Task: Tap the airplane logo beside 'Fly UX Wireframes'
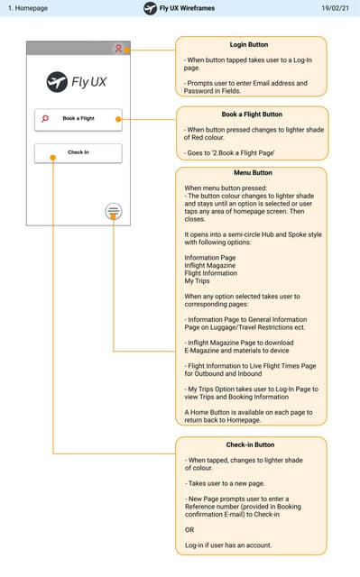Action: pos(150,8)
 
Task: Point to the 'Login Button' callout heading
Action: pos(249,44)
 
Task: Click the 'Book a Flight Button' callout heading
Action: pos(249,114)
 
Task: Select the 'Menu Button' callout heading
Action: pos(249,174)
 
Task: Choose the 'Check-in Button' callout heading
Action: pos(249,444)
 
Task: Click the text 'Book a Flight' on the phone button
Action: pos(78,119)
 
